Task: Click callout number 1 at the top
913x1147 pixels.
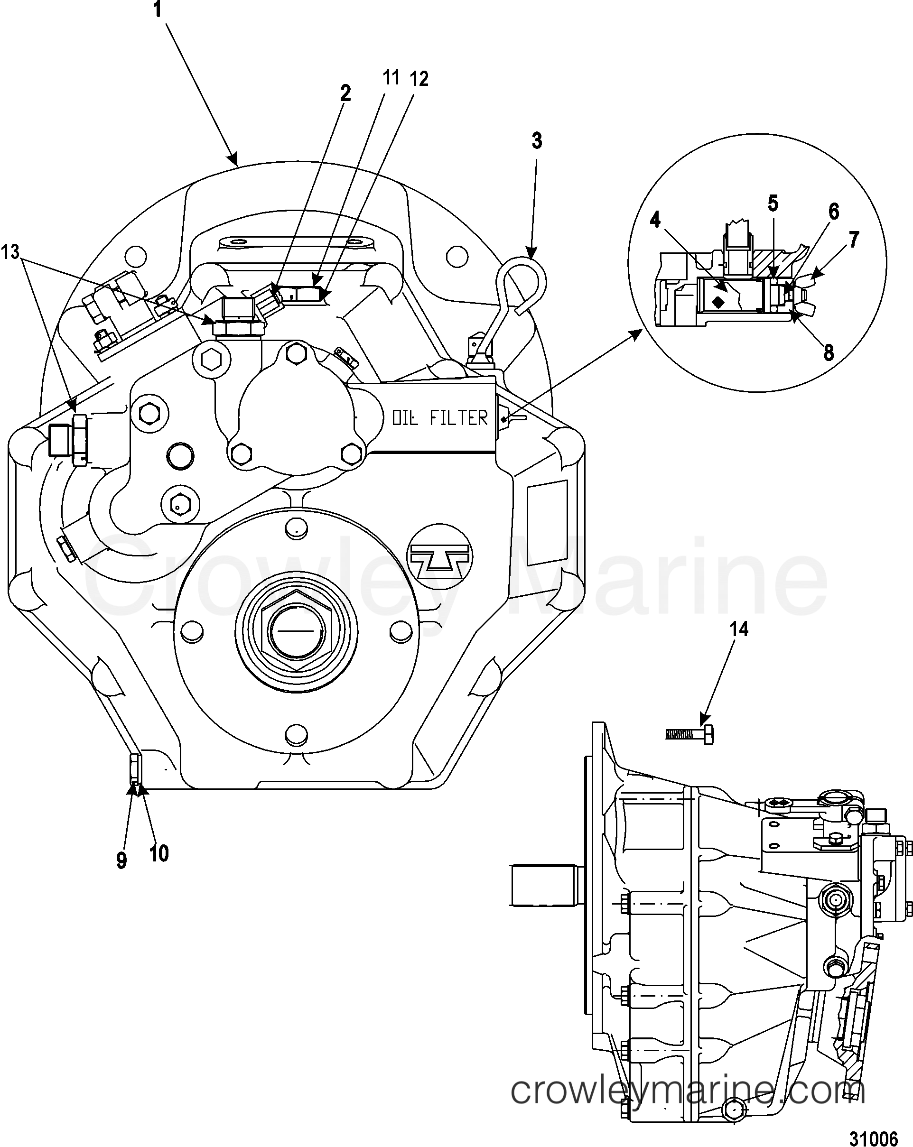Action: [x=157, y=10]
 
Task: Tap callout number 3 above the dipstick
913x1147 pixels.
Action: [x=537, y=141]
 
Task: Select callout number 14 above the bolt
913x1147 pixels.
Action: [x=739, y=629]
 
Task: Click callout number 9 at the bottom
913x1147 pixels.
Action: [x=121, y=860]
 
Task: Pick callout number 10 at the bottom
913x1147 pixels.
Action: [x=158, y=854]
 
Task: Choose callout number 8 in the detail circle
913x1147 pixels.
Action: [x=829, y=353]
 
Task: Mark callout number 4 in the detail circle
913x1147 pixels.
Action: [x=655, y=219]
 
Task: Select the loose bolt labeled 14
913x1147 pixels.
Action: [x=689, y=735]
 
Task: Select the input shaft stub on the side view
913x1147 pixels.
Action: [x=543, y=886]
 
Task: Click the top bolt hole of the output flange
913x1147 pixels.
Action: [x=296, y=528]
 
